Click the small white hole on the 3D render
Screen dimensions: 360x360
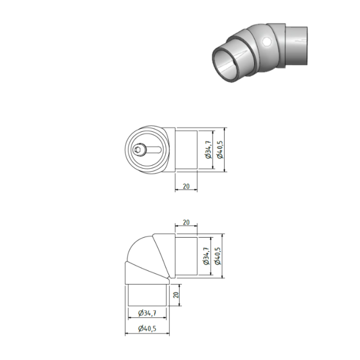[x=267, y=42]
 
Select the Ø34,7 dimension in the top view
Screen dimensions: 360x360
[x=207, y=150]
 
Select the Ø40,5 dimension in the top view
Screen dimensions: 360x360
[x=220, y=150]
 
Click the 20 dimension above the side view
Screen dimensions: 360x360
[x=186, y=222]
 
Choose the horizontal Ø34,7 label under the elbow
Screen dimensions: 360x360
[x=148, y=313]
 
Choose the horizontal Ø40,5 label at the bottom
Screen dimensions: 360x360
[x=148, y=329]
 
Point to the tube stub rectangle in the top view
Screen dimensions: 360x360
[x=186, y=150]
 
